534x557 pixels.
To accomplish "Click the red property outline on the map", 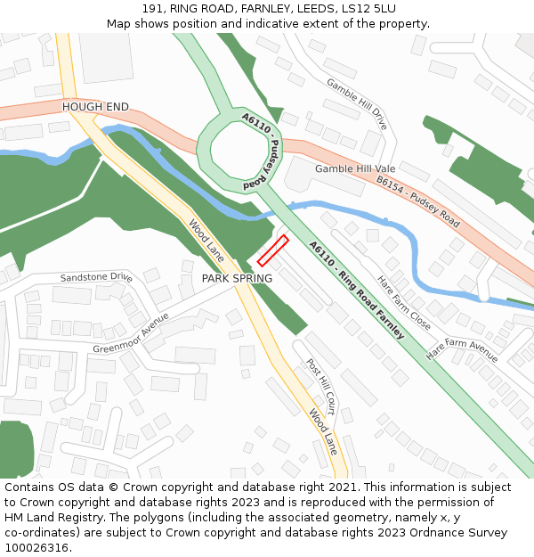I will pos(273,250).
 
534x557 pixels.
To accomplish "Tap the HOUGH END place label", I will pos(95,107).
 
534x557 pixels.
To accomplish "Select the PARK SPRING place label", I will pos(237,279).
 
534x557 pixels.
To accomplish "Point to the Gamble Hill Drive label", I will pos(357,104).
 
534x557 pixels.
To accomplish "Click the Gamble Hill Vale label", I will pos(354,168).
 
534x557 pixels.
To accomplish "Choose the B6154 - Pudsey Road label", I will pos(417,201).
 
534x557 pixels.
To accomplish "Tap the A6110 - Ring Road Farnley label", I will pos(356,290).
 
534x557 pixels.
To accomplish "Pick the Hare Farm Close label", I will pos(404,303).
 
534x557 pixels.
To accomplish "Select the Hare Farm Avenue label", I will pos(462,348).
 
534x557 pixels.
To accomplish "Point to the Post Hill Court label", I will pos(320,387).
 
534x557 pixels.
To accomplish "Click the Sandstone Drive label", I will pos(96,278).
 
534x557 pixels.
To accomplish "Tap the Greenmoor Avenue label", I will pos(130,333).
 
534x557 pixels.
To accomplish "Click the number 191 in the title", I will pos(152,8).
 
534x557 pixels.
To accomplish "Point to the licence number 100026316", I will pos(38,547).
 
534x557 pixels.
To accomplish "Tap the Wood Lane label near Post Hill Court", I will pos(323,431).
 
